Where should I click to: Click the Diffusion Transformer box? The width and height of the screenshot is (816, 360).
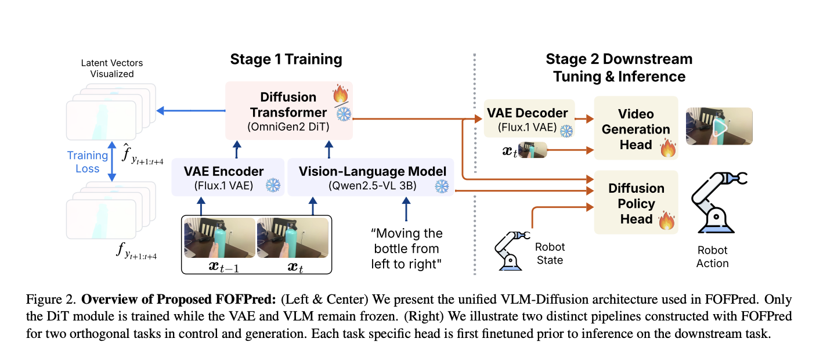point(288,110)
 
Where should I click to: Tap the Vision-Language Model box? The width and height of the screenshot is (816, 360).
point(371,177)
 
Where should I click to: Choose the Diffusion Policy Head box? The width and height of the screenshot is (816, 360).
point(636,203)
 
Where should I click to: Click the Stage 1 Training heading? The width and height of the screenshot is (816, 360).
point(286,59)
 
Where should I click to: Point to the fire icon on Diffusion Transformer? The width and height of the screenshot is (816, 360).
point(340,93)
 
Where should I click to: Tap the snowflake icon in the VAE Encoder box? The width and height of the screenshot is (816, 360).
point(272,186)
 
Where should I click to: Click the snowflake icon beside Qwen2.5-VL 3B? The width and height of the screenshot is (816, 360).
point(442,186)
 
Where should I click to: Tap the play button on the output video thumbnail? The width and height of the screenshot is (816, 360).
point(720,127)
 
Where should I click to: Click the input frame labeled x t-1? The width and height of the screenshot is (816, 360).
point(219,238)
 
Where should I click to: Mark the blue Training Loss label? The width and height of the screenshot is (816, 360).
point(88,162)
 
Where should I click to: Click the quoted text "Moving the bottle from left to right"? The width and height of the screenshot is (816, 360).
point(406,249)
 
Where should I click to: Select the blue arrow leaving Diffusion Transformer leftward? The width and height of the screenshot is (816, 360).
point(192,110)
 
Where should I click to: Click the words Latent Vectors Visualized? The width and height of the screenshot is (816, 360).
point(111,68)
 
